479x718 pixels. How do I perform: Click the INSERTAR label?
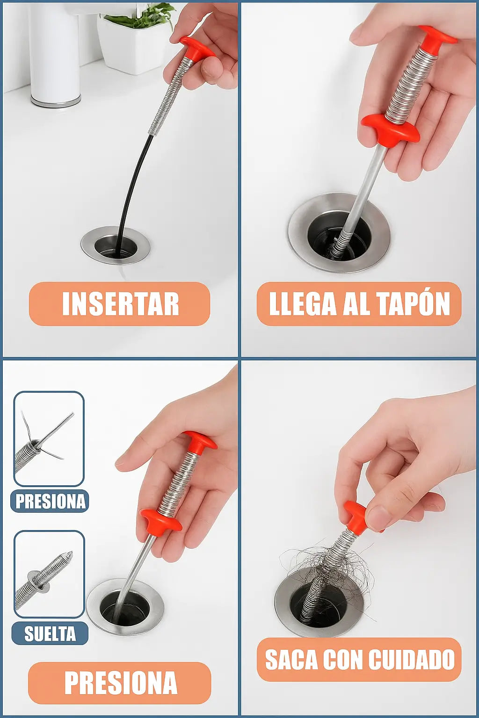[120, 303]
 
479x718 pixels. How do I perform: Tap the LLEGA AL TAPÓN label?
[359, 303]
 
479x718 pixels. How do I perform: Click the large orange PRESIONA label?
[120, 682]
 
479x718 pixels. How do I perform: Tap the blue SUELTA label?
[50, 633]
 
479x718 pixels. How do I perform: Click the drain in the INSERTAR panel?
[116, 245]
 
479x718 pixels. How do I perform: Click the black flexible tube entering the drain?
[131, 192]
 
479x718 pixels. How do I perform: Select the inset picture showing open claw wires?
[49, 438]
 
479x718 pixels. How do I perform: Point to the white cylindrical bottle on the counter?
[55, 55]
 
